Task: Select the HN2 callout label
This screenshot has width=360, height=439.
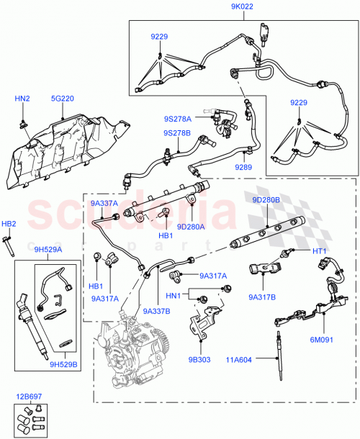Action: coord(23,98)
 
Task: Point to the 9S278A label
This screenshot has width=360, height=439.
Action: coord(177,118)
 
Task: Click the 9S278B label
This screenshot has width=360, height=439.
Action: coord(177,132)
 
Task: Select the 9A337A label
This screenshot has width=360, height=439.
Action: coord(105,204)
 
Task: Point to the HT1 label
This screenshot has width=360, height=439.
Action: coord(320,250)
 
